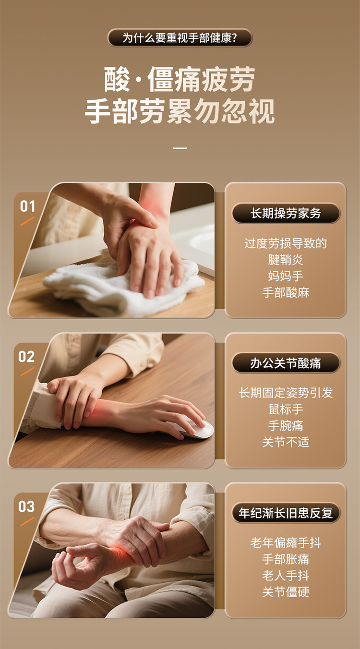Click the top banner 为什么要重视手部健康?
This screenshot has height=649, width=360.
tap(180, 38)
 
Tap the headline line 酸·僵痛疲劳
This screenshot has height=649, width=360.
tap(180, 79)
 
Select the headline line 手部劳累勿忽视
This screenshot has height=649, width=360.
tap(180, 111)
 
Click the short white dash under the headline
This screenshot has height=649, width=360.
tap(180, 148)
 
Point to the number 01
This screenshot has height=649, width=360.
tap(27, 206)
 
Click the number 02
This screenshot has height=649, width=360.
tap(26, 357)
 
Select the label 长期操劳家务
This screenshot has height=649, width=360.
tap(286, 214)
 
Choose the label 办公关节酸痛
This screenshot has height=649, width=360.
tap(286, 363)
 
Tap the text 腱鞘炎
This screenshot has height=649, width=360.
tap(286, 260)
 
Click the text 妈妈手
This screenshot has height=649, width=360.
tap(286, 276)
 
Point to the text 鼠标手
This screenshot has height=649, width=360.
tap(286, 409)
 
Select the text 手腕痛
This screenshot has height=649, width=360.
tap(286, 426)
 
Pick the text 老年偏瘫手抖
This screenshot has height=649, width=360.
tap(286, 542)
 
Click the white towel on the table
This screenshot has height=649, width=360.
tap(121, 287)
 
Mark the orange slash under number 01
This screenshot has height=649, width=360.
tap(27, 221)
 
